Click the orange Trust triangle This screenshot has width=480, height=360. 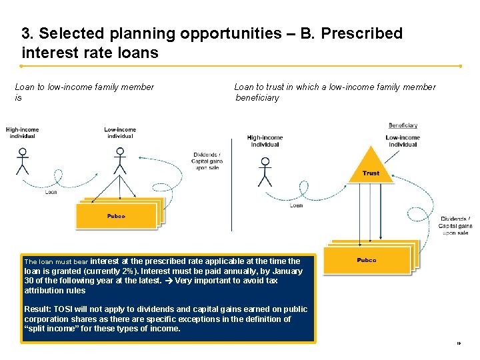coord(371,167)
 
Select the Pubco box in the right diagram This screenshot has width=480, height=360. coord(367,260)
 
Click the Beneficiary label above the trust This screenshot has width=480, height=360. coord(403,125)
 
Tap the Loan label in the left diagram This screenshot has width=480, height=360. coord(51,193)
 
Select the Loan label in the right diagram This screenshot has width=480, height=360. coord(296,205)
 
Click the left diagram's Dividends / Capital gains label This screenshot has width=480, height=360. coord(206,161)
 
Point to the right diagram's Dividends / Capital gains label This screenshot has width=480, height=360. coord(455,225)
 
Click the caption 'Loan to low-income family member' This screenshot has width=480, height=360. coord(84,87)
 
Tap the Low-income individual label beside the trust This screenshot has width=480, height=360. coord(402,141)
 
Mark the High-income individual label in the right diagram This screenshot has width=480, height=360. coord(265,141)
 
